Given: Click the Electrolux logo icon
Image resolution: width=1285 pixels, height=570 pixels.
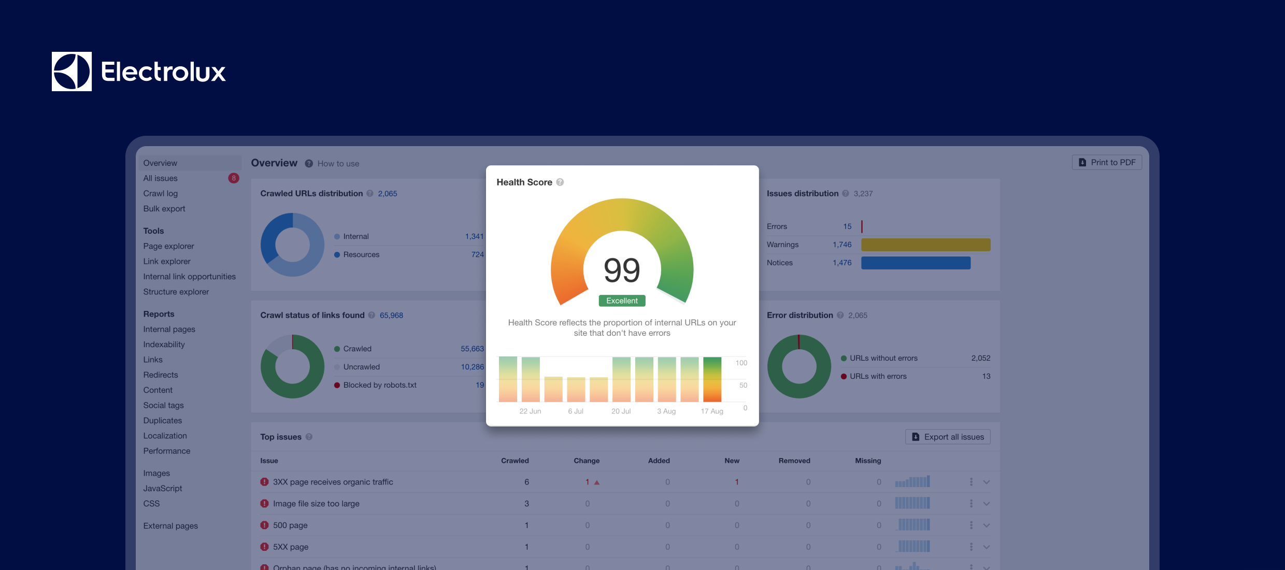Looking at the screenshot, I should point(72,72).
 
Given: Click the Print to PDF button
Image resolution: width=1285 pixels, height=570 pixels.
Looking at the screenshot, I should point(1107,162).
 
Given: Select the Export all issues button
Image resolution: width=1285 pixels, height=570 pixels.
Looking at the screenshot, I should point(948,437).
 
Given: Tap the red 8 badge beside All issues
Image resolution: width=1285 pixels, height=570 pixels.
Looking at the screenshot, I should point(234,178).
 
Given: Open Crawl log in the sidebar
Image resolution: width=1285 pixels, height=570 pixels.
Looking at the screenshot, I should point(161,193).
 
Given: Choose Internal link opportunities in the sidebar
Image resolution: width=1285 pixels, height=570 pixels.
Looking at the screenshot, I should point(189,277).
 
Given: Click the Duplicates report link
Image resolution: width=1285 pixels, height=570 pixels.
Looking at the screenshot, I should point(163,421).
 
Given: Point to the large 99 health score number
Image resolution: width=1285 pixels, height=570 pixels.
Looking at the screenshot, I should point(622,270).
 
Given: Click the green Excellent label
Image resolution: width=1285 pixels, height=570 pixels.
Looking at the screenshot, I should point(622,301).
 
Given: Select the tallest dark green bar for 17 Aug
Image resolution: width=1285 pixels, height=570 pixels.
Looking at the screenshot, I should point(712,379).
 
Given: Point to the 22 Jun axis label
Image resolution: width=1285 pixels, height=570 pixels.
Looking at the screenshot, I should point(530,411).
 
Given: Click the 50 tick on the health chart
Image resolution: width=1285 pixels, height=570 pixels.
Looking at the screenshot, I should point(743,386).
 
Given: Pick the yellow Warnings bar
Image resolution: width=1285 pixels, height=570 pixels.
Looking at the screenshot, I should point(925,245).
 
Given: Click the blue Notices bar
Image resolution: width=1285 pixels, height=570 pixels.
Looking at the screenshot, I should point(916,263).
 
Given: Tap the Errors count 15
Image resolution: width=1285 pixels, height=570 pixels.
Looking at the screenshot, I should point(847,226).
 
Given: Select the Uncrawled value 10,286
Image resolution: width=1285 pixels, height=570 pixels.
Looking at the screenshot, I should point(472,367).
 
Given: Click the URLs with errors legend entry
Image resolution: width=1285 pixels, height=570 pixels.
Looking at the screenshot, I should point(878,376).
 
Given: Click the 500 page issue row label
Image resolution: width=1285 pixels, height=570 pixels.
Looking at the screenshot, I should point(290,525).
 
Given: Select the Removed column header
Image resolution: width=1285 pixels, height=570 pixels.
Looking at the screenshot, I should point(794,461).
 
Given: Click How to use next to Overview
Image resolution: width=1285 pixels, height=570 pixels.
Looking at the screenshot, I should point(338,164).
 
